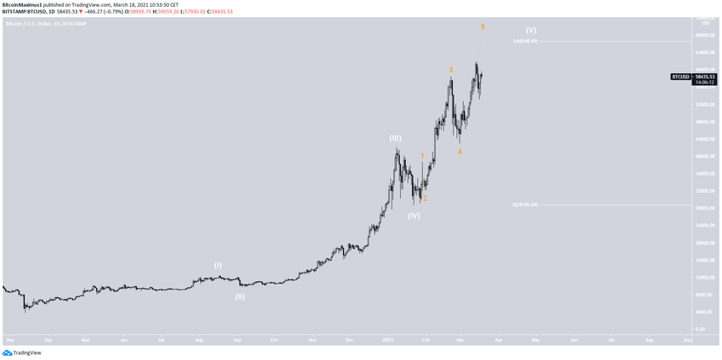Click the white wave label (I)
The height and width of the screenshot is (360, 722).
[x=217, y=266]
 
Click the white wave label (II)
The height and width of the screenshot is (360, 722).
[x=240, y=296]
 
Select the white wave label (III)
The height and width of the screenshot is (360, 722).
[x=396, y=138]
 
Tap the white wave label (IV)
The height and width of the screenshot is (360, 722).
[x=414, y=216]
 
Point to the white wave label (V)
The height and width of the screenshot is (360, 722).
[x=531, y=31]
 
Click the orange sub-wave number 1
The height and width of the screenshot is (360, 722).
[x=422, y=156]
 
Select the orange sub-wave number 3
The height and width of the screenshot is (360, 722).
[x=451, y=70]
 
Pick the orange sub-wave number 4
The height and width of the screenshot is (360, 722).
[x=460, y=152]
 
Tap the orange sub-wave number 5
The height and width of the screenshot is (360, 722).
[x=482, y=26]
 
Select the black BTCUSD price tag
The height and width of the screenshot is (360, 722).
[x=680, y=76]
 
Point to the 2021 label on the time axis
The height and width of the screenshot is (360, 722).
[x=387, y=340]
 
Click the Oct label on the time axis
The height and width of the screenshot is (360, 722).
[x=274, y=340]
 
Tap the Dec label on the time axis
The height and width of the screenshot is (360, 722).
[x=350, y=340]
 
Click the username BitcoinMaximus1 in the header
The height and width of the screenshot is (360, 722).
[x=22, y=4]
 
